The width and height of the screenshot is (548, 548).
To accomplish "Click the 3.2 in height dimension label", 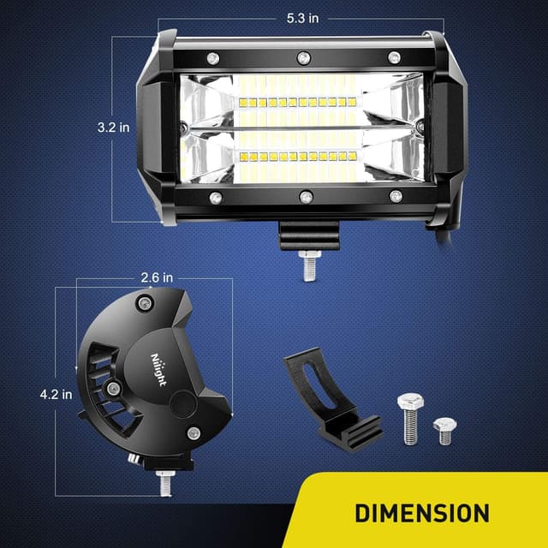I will pyautogui.click(x=113, y=127).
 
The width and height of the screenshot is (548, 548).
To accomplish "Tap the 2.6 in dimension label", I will pyautogui.click(x=157, y=277).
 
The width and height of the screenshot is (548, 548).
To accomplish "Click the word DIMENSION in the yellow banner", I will pyautogui.click(x=422, y=513).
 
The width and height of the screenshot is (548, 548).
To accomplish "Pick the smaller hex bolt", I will pyautogui.click(x=444, y=430).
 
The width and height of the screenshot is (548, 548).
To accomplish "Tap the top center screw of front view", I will pyautogui.click(x=303, y=57).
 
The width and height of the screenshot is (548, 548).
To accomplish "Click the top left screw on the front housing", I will pyautogui.click(x=213, y=57).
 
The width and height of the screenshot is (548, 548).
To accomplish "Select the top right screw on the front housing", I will pyautogui.click(x=394, y=57).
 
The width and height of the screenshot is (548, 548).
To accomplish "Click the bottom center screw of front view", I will pyautogui.click(x=306, y=198).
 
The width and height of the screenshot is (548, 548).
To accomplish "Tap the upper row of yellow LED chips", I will pyautogui.click(x=295, y=102).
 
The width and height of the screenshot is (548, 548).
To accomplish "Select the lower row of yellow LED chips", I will pyautogui.click(x=295, y=157).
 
